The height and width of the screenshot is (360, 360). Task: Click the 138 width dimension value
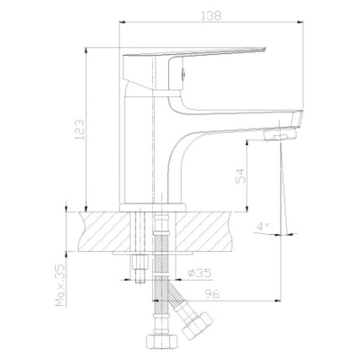pos(212,15)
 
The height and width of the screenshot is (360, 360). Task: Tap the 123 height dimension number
pos(80,130)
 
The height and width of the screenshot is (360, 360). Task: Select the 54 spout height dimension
pos(240,175)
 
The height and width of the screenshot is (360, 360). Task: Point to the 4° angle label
pos(263,227)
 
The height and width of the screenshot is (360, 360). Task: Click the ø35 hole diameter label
pos(200,273)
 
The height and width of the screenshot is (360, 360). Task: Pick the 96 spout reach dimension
pos(212,294)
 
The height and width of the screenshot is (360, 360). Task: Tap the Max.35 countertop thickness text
pos(61,285)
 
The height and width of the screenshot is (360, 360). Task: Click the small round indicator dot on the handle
pos(184,72)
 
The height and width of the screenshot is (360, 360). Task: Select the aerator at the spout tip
pos(280,134)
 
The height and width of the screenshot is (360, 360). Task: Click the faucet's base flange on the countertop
pos(153,208)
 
